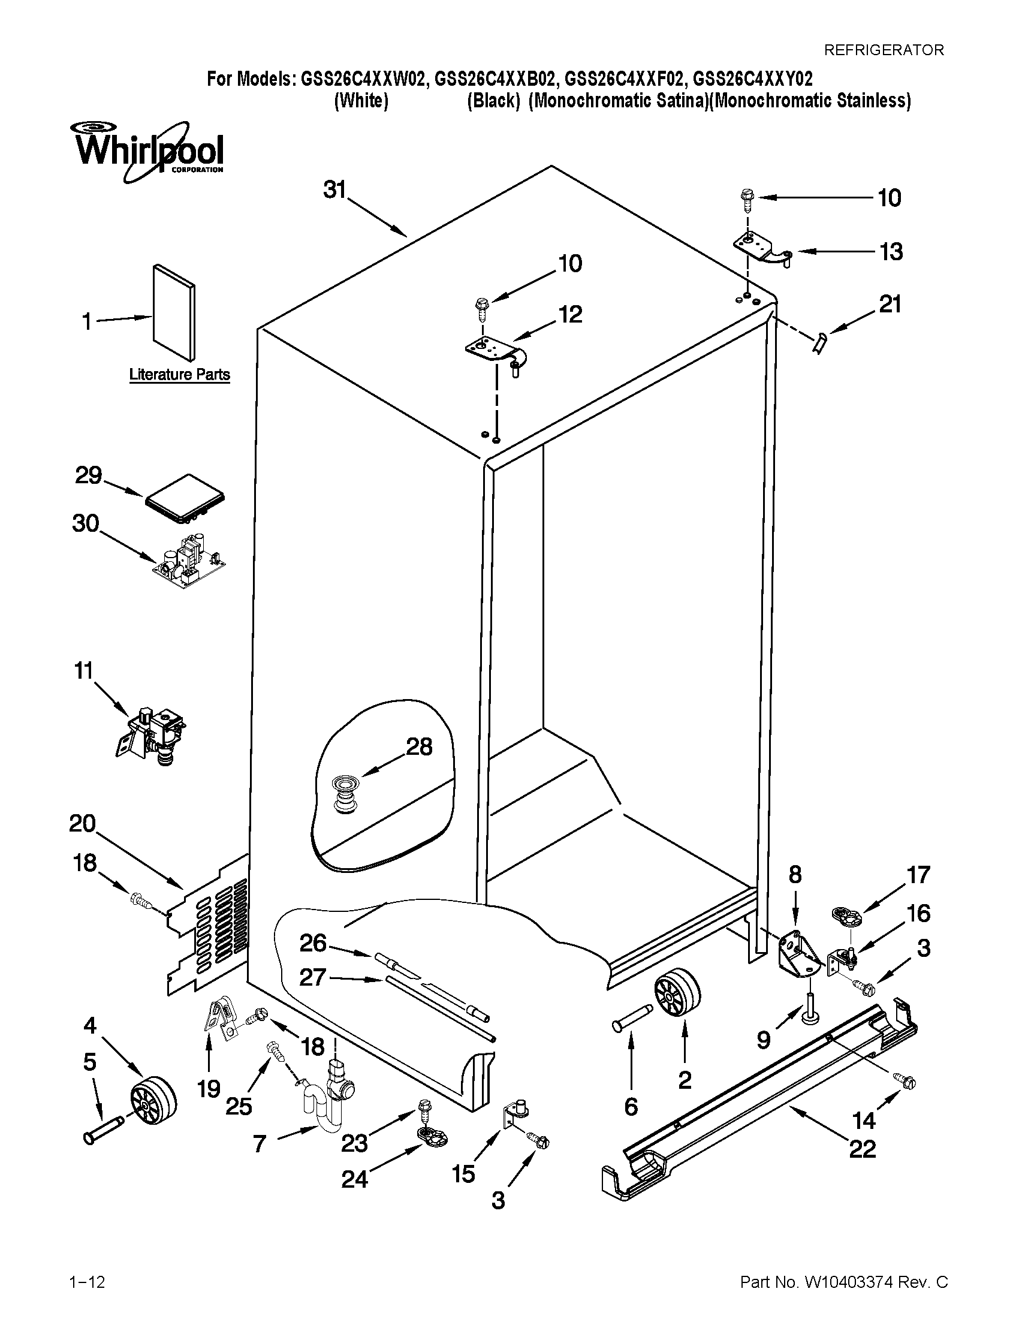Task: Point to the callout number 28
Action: (x=419, y=747)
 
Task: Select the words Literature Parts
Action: (x=179, y=375)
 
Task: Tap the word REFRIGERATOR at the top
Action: (x=884, y=50)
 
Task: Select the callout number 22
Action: (x=862, y=1148)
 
